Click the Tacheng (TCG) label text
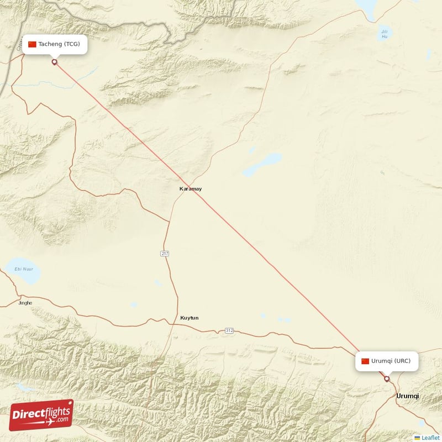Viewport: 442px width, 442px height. pyautogui.click(x=59, y=44)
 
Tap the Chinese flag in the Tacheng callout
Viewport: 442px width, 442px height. pyautogui.click(x=32, y=44)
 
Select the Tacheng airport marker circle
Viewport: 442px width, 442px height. pyautogui.click(x=54, y=62)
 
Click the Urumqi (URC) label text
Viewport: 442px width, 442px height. pyautogui.click(x=391, y=361)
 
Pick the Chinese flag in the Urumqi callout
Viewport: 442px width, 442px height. pyautogui.click(x=365, y=361)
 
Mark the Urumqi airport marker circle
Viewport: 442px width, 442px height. pyautogui.click(x=387, y=379)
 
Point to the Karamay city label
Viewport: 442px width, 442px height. pyautogui.click(x=191, y=189)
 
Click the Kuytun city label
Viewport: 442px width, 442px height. pyautogui.click(x=189, y=318)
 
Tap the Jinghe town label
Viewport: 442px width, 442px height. pyautogui.click(x=25, y=303)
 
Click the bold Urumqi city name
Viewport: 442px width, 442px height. pyautogui.click(x=408, y=396)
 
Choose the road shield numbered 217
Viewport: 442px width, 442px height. pyautogui.click(x=165, y=253)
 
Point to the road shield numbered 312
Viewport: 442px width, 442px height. pyautogui.click(x=229, y=330)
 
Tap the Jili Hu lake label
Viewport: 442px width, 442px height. pyautogui.click(x=385, y=34)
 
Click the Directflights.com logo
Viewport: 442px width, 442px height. pyautogui.click(x=41, y=415)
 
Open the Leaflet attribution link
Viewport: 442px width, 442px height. pyautogui.click(x=430, y=438)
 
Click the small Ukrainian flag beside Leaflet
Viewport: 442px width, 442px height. pyautogui.click(x=417, y=438)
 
